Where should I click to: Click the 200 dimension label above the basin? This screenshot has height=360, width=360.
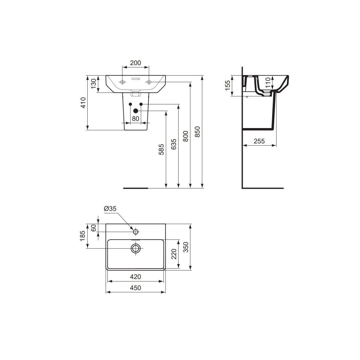coord(135,63)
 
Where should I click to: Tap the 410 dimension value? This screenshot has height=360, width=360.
coord(83,103)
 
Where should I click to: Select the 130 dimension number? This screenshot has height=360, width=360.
coord(94,83)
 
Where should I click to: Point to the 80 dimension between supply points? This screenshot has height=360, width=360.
coord(136,118)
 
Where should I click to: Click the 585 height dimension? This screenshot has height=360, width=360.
coord(161,149)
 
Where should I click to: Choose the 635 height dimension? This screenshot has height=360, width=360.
coord(174,144)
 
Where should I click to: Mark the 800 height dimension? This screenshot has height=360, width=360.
coord(185,136)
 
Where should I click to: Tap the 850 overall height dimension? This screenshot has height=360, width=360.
coord(197,132)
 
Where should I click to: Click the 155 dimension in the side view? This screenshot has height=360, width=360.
coord(228,85)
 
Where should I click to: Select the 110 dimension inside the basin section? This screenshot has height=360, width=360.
coord(268,83)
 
